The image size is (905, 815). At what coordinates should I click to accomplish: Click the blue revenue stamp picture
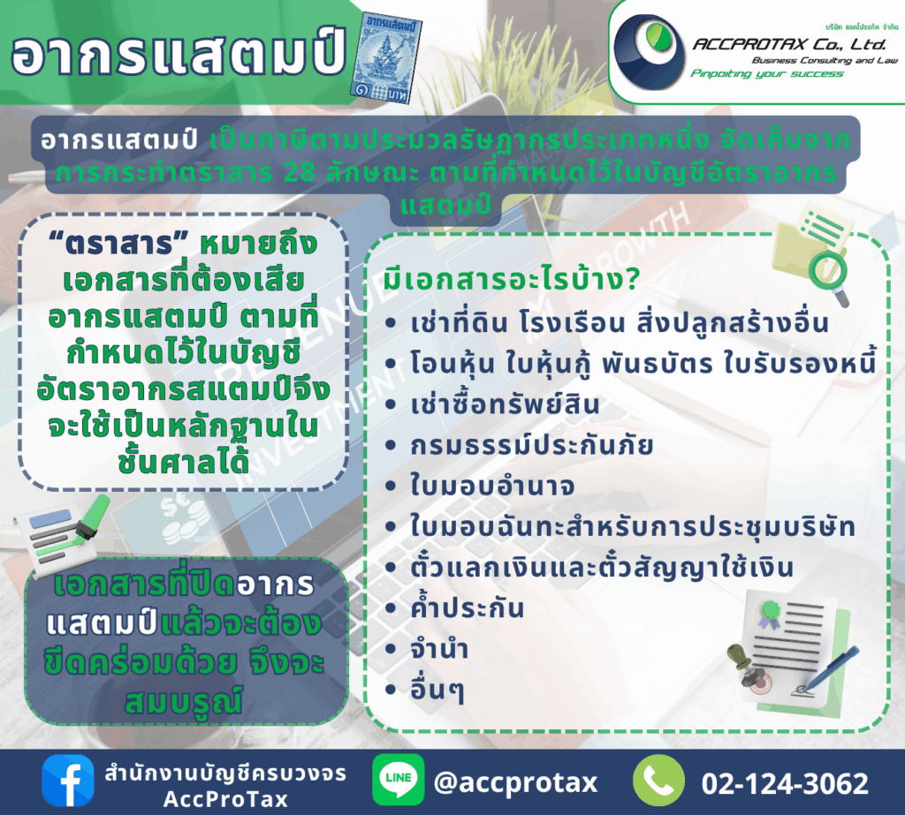tap(386, 57)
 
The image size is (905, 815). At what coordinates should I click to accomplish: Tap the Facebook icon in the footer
tap(67, 781)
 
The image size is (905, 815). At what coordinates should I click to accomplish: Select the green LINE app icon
tap(398, 780)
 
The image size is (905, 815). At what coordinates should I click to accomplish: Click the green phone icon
tap(658, 781)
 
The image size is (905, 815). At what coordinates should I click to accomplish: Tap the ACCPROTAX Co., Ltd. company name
tap(789, 44)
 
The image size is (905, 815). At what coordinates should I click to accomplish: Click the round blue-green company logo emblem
tap(649, 52)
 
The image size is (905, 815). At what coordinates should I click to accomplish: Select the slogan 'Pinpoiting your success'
tap(767, 74)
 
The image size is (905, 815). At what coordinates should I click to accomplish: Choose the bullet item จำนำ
tap(439, 650)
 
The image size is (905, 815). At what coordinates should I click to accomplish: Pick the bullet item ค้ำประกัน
tap(467, 607)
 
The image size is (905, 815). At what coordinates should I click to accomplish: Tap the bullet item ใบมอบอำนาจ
tap(491, 485)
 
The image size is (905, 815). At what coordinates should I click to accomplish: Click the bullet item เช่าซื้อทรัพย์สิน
tap(505, 404)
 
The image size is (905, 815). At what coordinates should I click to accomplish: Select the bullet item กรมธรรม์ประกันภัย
tap(531, 445)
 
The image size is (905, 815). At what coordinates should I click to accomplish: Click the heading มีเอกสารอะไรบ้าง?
tap(512, 279)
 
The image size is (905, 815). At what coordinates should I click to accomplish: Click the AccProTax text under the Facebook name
tap(225, 799)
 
